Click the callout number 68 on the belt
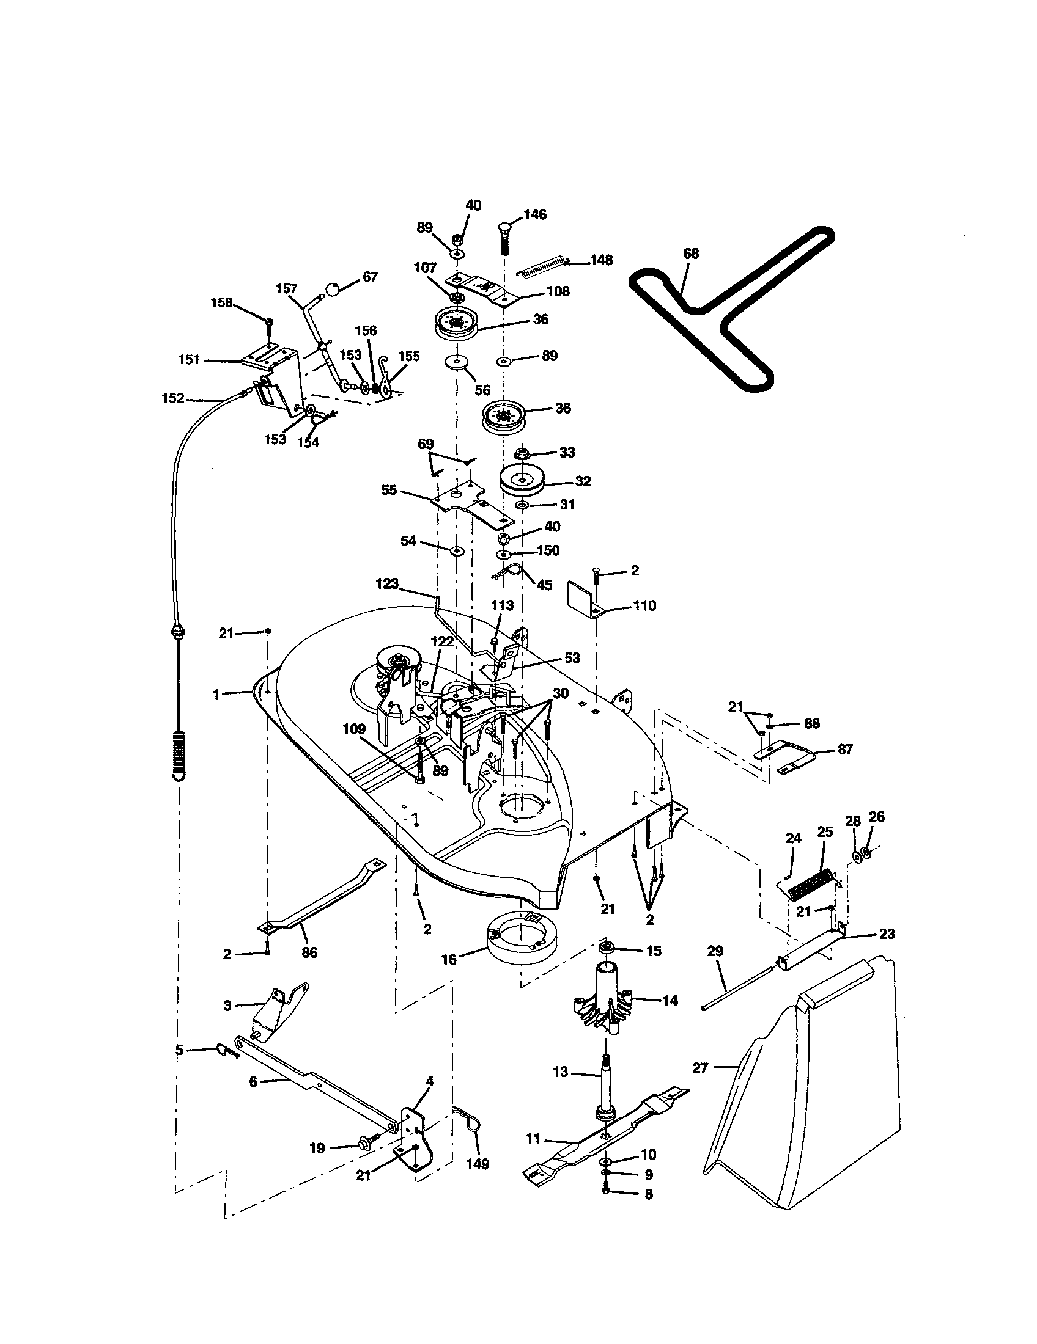[x=691, y=254]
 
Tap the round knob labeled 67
[x=333, y=288]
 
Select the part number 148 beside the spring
[x=600, y=260]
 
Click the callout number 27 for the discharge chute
[x=700, y=1068]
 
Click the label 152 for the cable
[x=173, y=398]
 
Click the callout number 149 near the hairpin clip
[x=478, y=1164]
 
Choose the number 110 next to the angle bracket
[x=644, y=605]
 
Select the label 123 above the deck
[x=386, y=583]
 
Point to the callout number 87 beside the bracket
[x=845, y=749]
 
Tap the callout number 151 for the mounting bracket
[x=190, y=360]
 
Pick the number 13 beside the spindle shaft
[x=560, y=1072]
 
